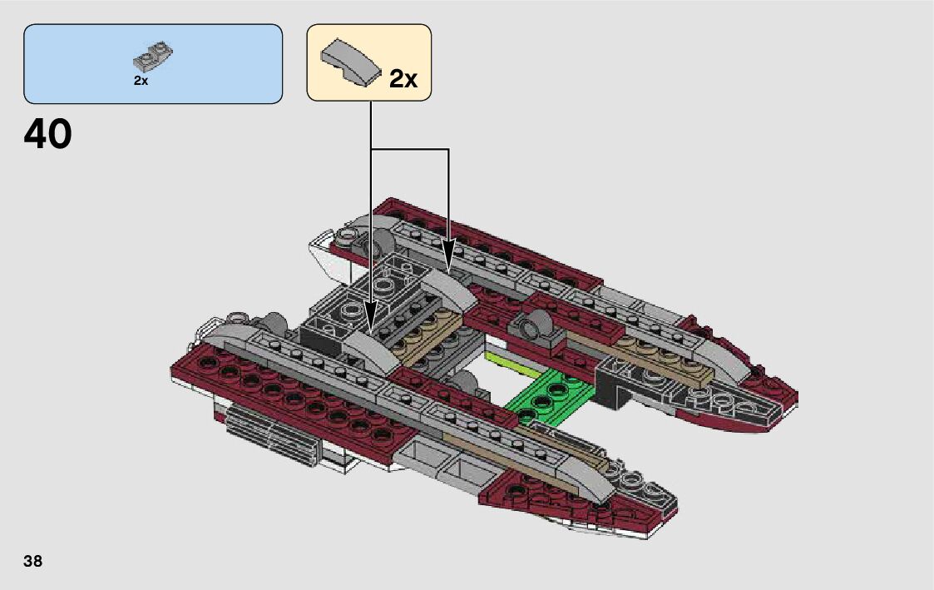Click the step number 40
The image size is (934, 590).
point(48,134)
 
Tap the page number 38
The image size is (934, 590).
point(33,561)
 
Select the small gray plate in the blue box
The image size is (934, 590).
point(152,57)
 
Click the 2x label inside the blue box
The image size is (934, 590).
point(141,81)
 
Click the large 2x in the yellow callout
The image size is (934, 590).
point(403,79)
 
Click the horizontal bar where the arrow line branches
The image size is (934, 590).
point(409,150)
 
